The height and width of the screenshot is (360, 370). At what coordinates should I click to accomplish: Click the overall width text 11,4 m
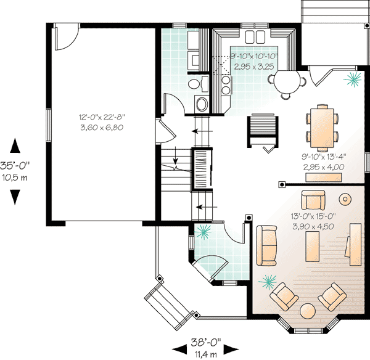206,354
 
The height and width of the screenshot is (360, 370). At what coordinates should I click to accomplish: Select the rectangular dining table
321,127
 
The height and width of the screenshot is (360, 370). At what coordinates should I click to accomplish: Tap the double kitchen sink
257,34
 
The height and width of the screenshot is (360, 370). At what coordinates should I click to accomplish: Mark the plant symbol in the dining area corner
353,79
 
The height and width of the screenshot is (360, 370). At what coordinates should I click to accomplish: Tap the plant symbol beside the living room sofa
268,281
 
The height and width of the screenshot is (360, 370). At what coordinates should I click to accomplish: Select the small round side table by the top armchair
345,199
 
